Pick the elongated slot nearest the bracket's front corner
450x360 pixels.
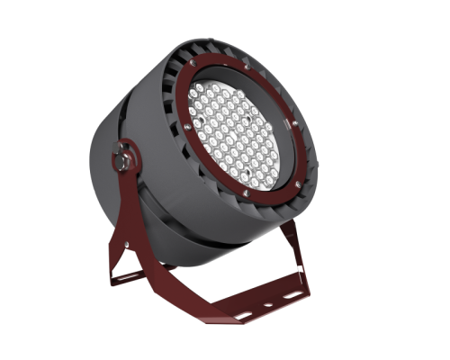241,315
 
